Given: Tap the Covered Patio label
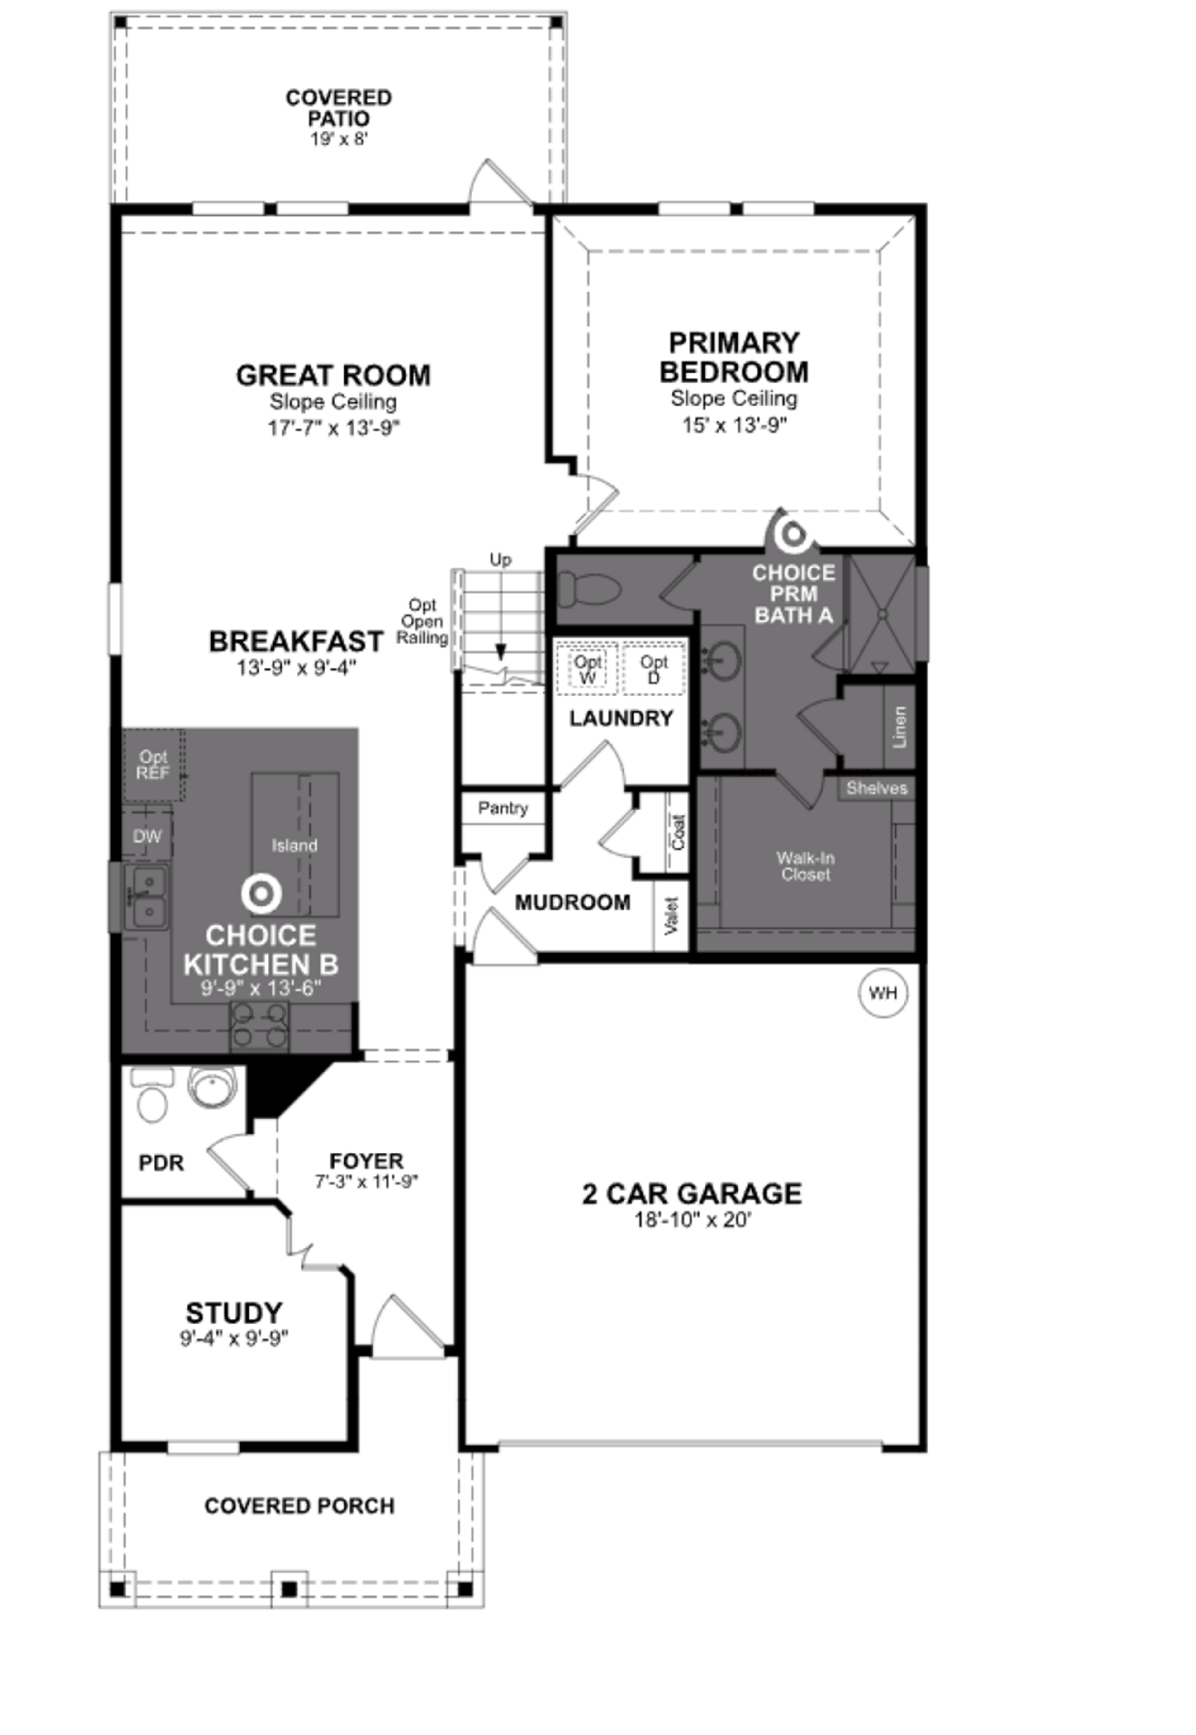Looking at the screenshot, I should [x=339, y=108].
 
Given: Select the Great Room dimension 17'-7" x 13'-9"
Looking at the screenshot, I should [x=334, y=428].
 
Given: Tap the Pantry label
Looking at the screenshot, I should [x=503, y=808].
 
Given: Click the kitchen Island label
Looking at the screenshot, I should [x=295, y=845].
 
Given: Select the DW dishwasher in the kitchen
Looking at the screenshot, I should [x=147, y=836].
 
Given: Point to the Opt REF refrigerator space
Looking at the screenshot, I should [x=153, y=764].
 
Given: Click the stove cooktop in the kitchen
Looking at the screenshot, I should [x=259, y=1025].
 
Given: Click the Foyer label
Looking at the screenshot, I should [x=367, y=1161].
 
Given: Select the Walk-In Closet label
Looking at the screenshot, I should [x=805, y=866].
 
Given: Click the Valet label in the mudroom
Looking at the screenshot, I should [x=672, y=916].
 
